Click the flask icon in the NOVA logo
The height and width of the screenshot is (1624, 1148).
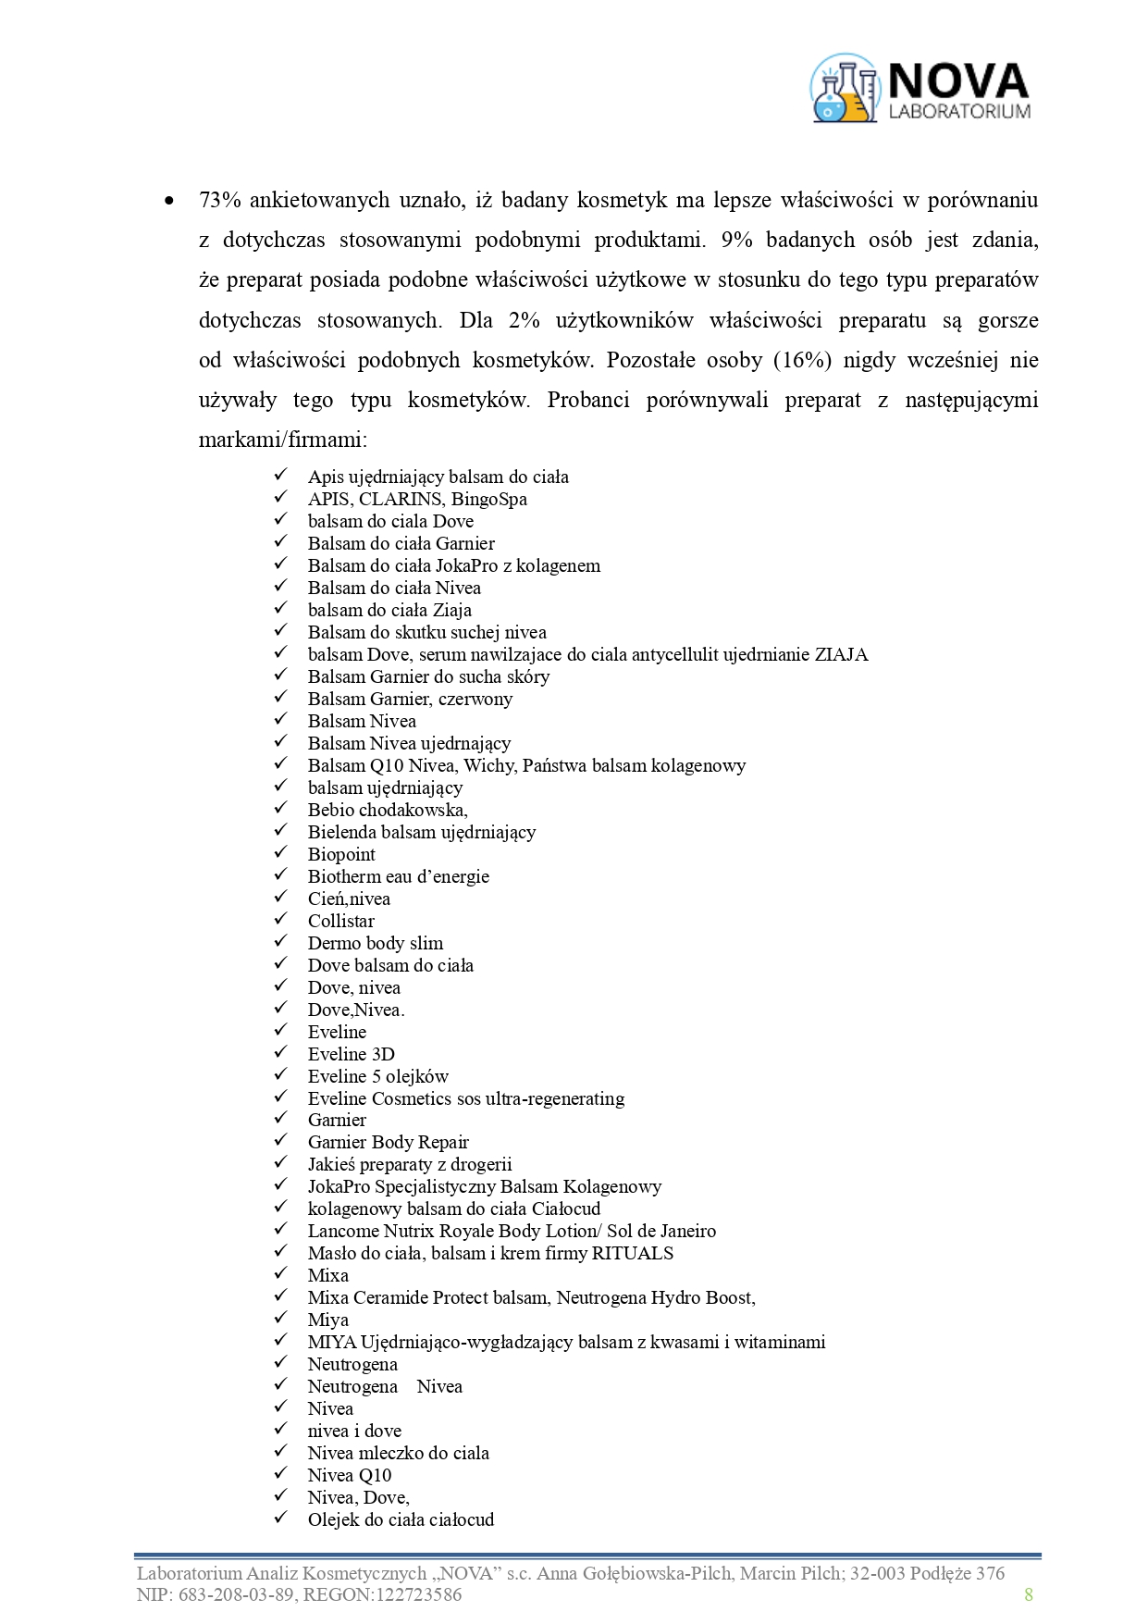[x=845, y=89]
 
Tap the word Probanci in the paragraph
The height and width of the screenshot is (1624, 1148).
[x=588, y=400]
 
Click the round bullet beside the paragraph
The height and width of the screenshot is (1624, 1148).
[x=168, y=201]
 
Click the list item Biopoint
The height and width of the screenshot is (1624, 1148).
[x=341, y=854]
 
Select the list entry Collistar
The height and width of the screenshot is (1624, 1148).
[x=341, y=921]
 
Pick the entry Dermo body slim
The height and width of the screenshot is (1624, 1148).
[x=376, y=943]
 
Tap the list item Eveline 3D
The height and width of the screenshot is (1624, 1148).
[x=352, y=1054]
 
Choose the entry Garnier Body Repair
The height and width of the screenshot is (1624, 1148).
[x=389, y=1142]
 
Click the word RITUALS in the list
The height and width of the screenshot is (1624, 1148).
[x=632, y=1253]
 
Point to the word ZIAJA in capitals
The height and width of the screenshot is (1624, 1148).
[x=841, y=654]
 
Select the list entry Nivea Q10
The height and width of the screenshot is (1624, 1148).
[x=350, y=1475]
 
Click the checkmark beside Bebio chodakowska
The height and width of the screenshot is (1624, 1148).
[x=280, y=809]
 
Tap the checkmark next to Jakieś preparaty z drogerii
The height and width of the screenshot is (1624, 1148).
[x=280, y=1163]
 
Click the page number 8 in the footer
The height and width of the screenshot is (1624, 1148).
[x=1029, y=1594]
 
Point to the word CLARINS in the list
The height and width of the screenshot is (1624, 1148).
[x=401, y=499]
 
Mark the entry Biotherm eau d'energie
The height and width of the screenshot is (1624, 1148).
[x=399, y=876]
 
